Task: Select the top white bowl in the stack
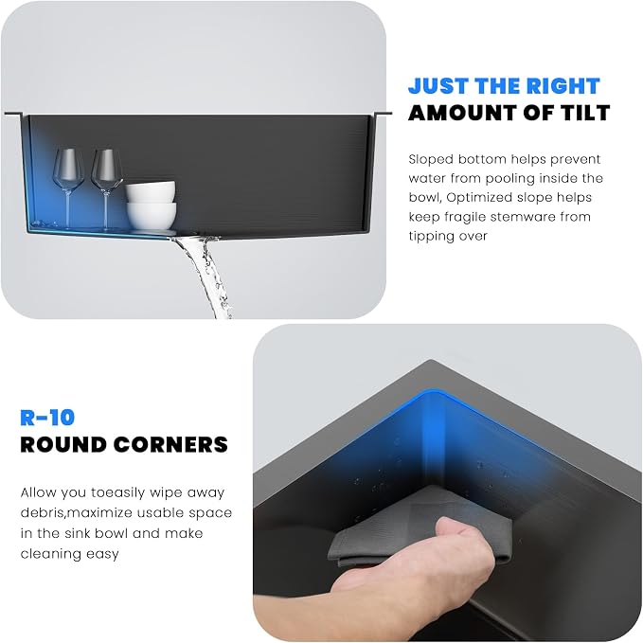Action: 151,191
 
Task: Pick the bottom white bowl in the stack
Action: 152,216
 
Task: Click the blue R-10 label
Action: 47,418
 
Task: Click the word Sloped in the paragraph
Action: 431,160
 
